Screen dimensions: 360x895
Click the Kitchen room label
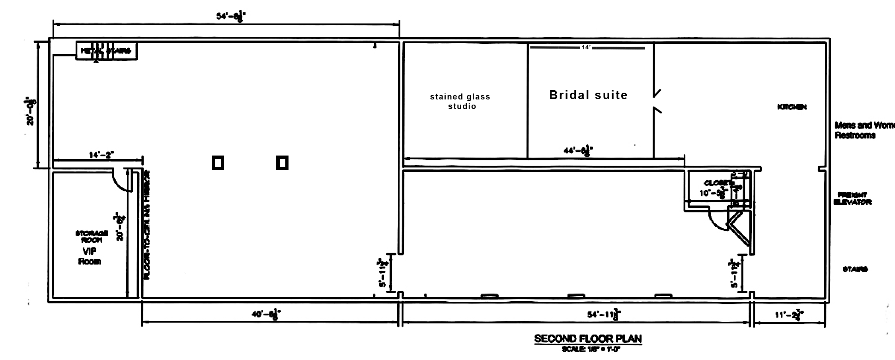(792, 107)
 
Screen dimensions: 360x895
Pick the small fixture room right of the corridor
(718, 190)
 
